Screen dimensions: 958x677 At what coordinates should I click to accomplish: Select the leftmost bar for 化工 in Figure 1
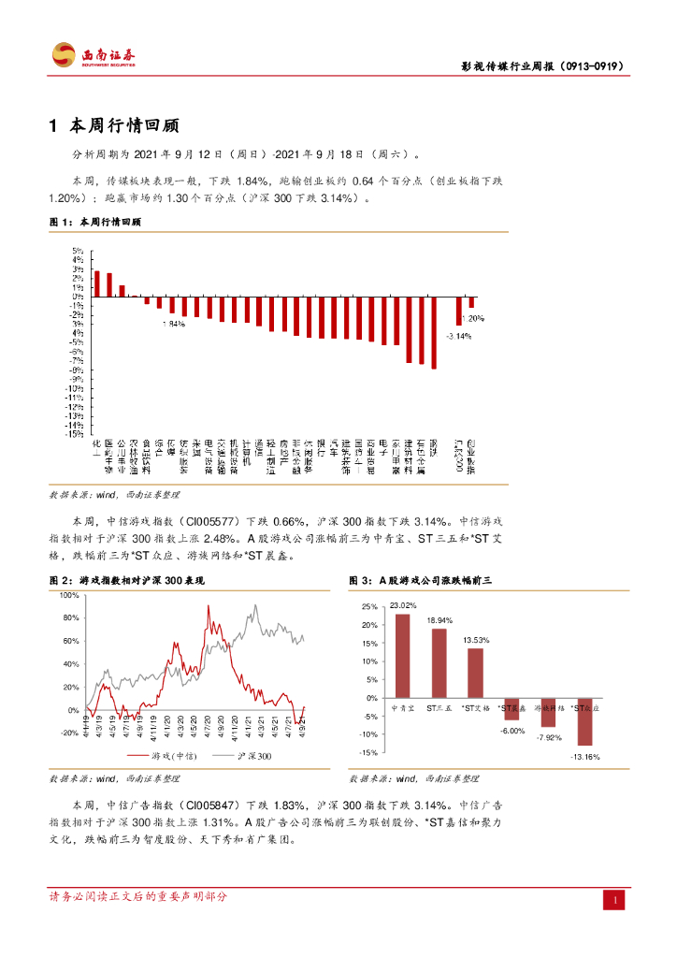pyautogui.click(x=97, y=283)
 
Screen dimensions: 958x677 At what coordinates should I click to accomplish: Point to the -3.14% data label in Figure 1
pyautogui.click(x=458, y=336)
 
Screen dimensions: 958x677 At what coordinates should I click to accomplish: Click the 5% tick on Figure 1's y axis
pyautogui.click(x=79, y=251)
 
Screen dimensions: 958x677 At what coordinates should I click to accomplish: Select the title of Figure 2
pyautogui.click(x=126, y=581)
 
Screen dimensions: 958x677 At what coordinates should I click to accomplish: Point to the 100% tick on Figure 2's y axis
pyautogui.click(x=68, y=595)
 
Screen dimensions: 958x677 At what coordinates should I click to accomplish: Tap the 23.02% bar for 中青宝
pyautogui.click(x=402, y=656)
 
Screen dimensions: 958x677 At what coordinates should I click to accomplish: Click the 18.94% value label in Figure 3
pyautogui.click(x=439, y=620)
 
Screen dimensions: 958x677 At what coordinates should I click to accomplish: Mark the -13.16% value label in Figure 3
pyautogui.click(x=587, y=756)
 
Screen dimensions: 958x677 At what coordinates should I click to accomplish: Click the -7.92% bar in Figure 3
pyautogui.click(x=549, y=712)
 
